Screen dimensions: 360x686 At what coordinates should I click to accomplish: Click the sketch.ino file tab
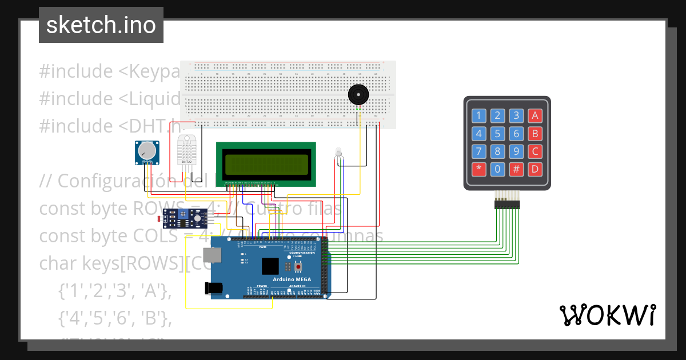[101, 25]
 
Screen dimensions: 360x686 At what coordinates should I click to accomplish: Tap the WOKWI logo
[607, 315]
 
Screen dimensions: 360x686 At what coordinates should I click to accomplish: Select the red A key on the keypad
[535, 116]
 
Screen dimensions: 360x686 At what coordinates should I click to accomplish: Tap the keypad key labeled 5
[498, 134]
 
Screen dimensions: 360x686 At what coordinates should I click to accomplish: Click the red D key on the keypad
[535, 169]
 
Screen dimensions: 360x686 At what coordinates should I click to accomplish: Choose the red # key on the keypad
[516, 169]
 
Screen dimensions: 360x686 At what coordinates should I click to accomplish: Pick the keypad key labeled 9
[516, 152]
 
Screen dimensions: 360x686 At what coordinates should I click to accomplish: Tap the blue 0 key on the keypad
[498, 169]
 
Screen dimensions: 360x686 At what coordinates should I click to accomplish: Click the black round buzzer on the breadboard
[358, 94]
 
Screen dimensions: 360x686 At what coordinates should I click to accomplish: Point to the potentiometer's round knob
[147, 151]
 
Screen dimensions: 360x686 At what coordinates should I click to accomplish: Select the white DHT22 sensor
[187, 150]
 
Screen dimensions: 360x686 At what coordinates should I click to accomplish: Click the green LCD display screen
[266, 165]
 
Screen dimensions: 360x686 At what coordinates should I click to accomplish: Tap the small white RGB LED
[338, 153]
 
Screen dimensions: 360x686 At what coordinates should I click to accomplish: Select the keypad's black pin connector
[507, 203]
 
